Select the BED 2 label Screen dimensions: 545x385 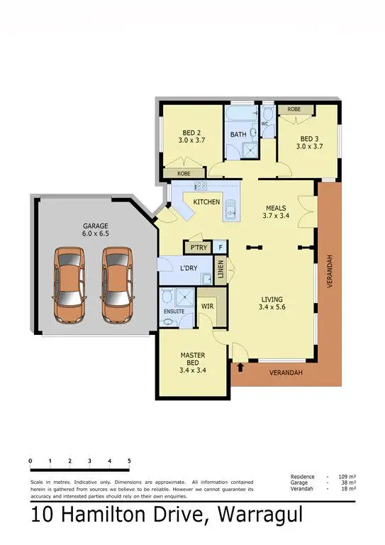coord(191,136)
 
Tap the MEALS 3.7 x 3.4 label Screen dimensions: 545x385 coord(277,211)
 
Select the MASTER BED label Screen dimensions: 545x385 coord(192,360)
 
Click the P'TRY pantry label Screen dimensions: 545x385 coord(196,247)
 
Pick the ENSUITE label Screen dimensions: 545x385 coord(174,311)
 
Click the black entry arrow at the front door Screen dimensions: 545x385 coord(242,367)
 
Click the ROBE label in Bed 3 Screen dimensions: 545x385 coord(292,109)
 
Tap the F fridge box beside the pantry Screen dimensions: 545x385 coord(221,247)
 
